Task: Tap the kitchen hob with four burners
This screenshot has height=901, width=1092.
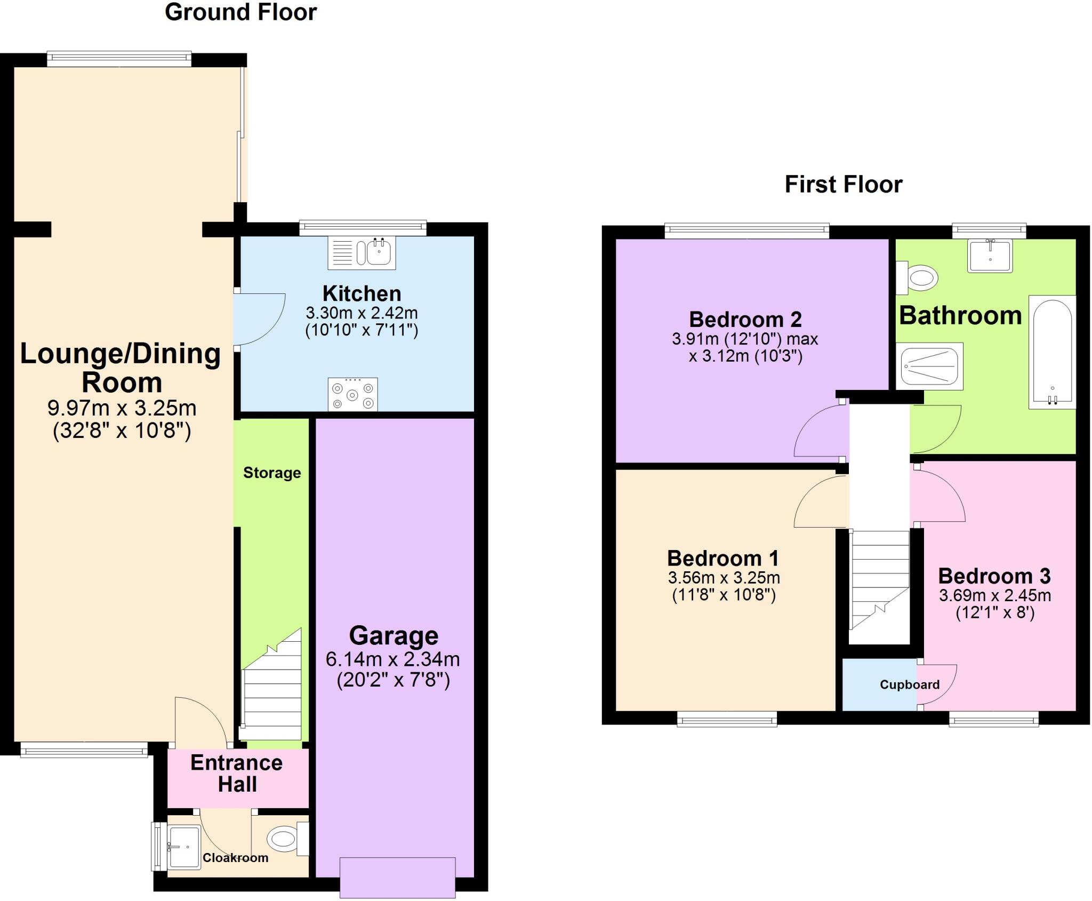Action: coord(352,395)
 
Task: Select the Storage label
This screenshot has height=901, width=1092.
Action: coord(272,473)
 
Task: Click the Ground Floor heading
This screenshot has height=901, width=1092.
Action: coord(240,12)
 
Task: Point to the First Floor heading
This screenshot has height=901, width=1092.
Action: coord(843,185)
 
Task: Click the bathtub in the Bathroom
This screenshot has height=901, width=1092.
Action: coord(1052,352)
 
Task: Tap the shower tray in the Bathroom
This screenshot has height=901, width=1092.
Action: coord(929,366)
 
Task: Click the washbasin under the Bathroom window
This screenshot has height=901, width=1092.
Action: coord(990,256)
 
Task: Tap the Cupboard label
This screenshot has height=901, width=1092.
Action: coord(909,685)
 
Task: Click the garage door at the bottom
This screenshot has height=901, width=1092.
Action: coord(397,877)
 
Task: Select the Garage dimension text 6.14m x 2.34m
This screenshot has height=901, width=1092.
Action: coord(392,659)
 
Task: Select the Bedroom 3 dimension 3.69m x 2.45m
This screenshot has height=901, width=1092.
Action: coord(994,595)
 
